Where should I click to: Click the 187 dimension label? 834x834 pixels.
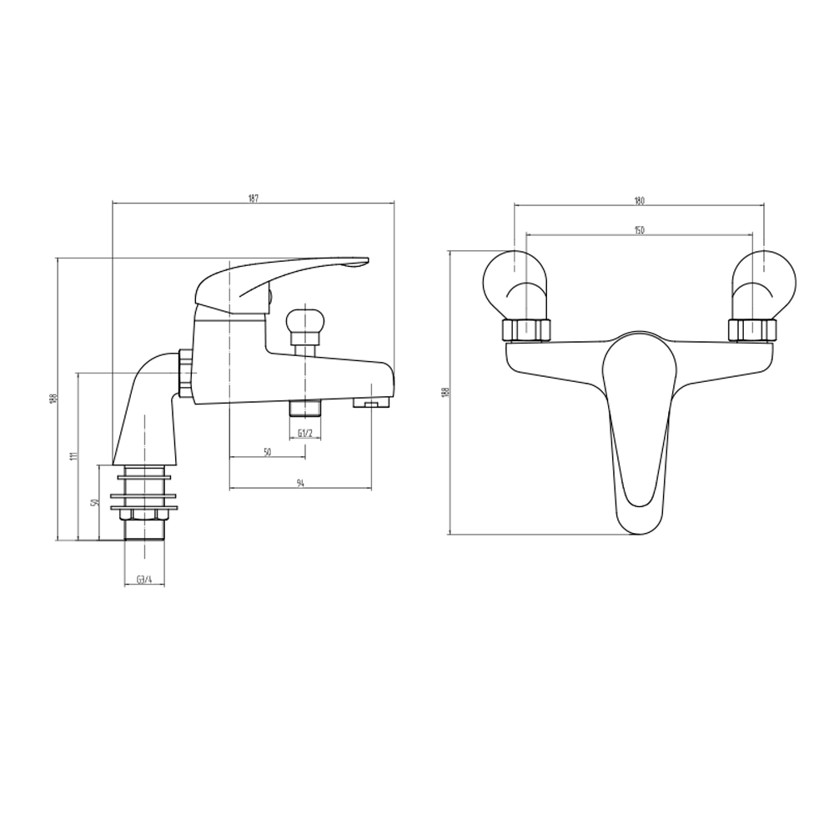253,198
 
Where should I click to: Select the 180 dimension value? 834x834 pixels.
640,200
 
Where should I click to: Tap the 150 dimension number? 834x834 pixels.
640,229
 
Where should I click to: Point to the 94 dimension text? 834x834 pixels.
300,483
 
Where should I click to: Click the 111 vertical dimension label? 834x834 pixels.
73,456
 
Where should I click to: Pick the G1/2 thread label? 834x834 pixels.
304,433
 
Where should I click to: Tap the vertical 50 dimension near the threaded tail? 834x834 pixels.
96,502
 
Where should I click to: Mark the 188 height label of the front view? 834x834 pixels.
445,392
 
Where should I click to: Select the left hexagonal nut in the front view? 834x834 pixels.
527,330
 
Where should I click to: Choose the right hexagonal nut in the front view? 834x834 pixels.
753,330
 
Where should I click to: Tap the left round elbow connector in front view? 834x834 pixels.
515,284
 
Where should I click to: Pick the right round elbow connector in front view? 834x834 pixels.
764,284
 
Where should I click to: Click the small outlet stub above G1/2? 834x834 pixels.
305,409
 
